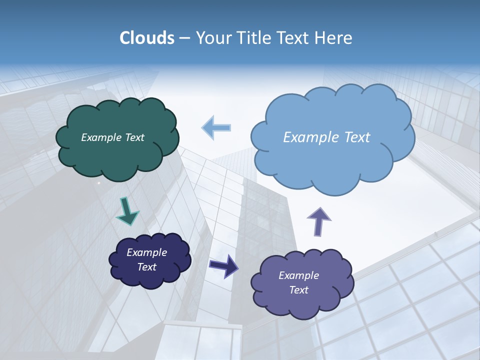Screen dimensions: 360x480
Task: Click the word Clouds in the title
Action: (x=147, y=38)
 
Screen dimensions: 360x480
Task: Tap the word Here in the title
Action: (x=333, y=38)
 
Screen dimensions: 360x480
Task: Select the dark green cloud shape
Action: (x=117, y=155)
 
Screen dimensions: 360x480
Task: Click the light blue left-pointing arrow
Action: (x=216, y=127)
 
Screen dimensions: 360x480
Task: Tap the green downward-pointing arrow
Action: (x=127, y=211)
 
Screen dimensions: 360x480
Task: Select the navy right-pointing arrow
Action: (x=224, y=266)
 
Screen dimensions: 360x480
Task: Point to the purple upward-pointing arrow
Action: (x=318, y=221)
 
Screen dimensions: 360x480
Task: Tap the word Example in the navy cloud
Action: (x=146, y=252)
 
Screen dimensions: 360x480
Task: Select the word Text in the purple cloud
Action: (x=298, y=290)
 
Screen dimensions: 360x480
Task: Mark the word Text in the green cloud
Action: (x=134, y=137)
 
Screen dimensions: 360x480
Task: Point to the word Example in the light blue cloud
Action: (x=309, y=137)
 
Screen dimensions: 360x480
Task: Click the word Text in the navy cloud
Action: (x=146, y=267)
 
